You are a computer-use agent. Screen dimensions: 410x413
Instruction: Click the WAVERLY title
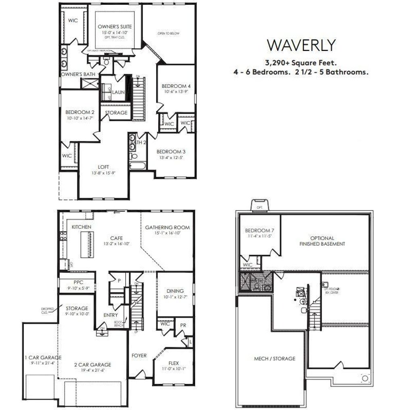pos(301,45)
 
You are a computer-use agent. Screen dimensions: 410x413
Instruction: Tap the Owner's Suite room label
pos(115,27)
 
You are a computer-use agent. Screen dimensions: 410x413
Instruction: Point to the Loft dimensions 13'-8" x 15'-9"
pos(100,173)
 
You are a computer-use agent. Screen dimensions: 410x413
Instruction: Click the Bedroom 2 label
pos(80,112)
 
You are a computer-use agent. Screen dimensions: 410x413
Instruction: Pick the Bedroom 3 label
pos(171,151)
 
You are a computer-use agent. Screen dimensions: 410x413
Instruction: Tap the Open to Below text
pos(169,33)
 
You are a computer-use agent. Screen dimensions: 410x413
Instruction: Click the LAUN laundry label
pos(118,92)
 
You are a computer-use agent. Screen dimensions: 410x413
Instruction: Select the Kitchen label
pos(81,227)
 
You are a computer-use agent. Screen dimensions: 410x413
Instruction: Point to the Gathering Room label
pos(167,228)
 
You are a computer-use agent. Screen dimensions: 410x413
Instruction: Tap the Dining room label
pos(175,291)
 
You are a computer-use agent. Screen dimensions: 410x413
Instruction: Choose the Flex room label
pos(173,362)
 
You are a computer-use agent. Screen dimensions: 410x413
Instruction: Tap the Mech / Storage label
pos(274,358)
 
